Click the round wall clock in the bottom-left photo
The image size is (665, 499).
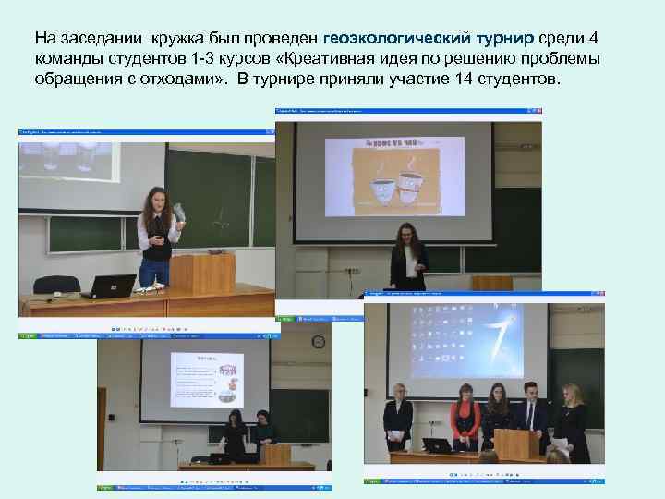[x=319, y=342]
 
